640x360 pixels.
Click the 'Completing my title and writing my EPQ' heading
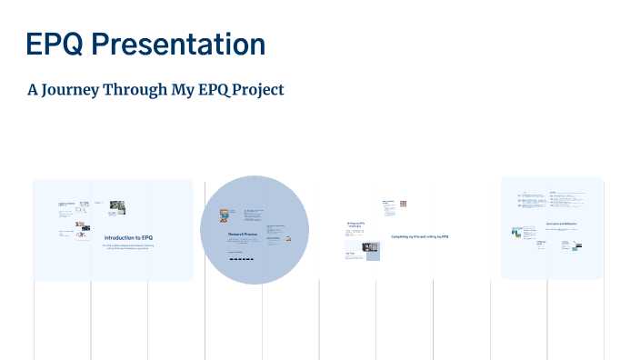pyautogui.click(x=419, y=236)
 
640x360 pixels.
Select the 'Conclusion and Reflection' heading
pyautogui.click(x=562, y=223)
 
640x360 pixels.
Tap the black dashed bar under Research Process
pyautogui.click(x=241, y=259)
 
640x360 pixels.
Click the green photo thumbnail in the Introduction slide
pyautogui.click(x=117, y=207)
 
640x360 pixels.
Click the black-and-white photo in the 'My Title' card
pyautogui.click(x=373, y=246)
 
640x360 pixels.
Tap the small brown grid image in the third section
pyautogui.click(x=403, y=204)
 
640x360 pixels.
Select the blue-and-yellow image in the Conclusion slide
pyautogui.click(x=515, y=233)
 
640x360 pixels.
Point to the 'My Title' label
pyautogui.click(x=350, y=253)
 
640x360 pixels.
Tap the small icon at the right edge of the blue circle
pyautogui.click(x=289, y=239)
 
